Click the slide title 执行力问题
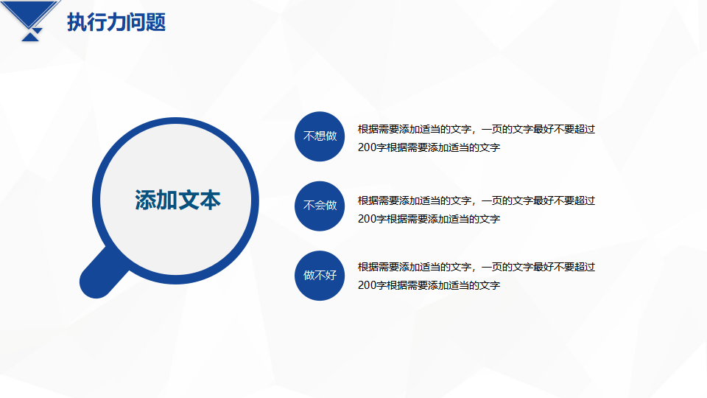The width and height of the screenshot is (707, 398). click(x=116, y=22)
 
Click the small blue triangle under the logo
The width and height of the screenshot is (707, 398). click(x=30, y=37)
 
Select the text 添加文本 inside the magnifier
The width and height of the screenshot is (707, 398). click(x=177, y=200)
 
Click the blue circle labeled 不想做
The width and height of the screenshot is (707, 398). click(x=320, y=136)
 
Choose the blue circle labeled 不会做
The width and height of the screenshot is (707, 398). click(x=320, y=206)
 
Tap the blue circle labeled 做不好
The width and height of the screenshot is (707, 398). click(x=320, y=275)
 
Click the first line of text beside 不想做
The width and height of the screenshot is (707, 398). click(x=476, y=129)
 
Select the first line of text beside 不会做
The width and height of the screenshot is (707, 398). click(x=476, y=200)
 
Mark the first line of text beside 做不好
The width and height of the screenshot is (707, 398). click(x=476, y=267)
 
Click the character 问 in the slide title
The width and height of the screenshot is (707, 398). click(x=136, y=22)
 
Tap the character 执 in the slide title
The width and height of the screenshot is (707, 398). click(x=77, y=22)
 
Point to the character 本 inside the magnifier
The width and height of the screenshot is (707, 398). click(x=211, y=200)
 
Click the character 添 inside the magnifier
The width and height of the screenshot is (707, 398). click(x=145, y=200)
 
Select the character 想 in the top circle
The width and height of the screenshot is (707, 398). click(x=320, y=136)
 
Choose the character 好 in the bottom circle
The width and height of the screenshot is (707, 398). click(x=331, y=275)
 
